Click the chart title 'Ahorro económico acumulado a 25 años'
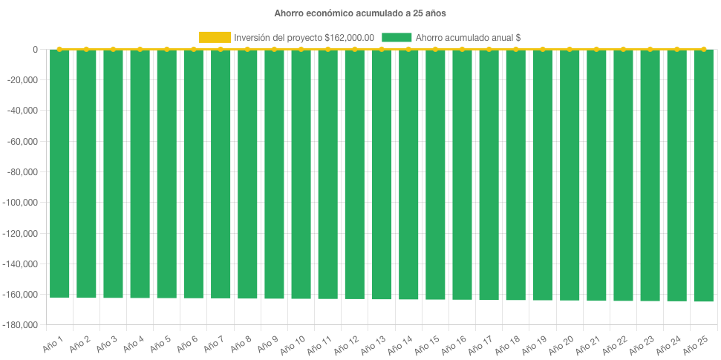coord(360,13)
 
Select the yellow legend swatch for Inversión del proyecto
coord(215,38)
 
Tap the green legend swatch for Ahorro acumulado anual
coord(397,38)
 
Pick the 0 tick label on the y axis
coord(35,50)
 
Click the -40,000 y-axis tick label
coord(24,111)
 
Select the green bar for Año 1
coord(59,174)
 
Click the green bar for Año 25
coord(703,176)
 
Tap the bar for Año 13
coord(382,174)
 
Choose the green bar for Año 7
coord(221,174)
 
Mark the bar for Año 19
coord(542,175)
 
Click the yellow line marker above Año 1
coord(59,49)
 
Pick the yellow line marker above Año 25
coord(703,49)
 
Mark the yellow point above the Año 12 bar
coord(355,49)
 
